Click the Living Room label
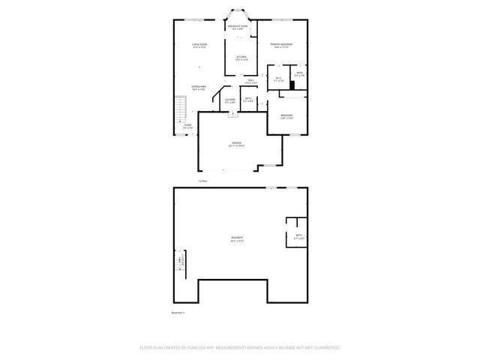pyautogui.click(x=199, y=46)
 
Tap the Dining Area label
pyautogui.click(x=199, y=88)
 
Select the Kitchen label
pyautogui.click(x=241, y=58)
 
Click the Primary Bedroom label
pyautogui.click(x=281, y=46)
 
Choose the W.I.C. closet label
pyautogui.click(x=278, y=79)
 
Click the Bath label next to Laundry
pyautogui.click(x=247, y=100)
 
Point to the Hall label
pyautogui.click(x=250, y=81)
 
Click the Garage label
pyautogui.click(x=235, y=144)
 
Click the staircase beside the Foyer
pyautogui.click(x=180, y=112)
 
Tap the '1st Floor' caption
pyautogui.click(x=202, y=181)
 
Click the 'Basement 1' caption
pyautogui.click(x=178, y=313)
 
